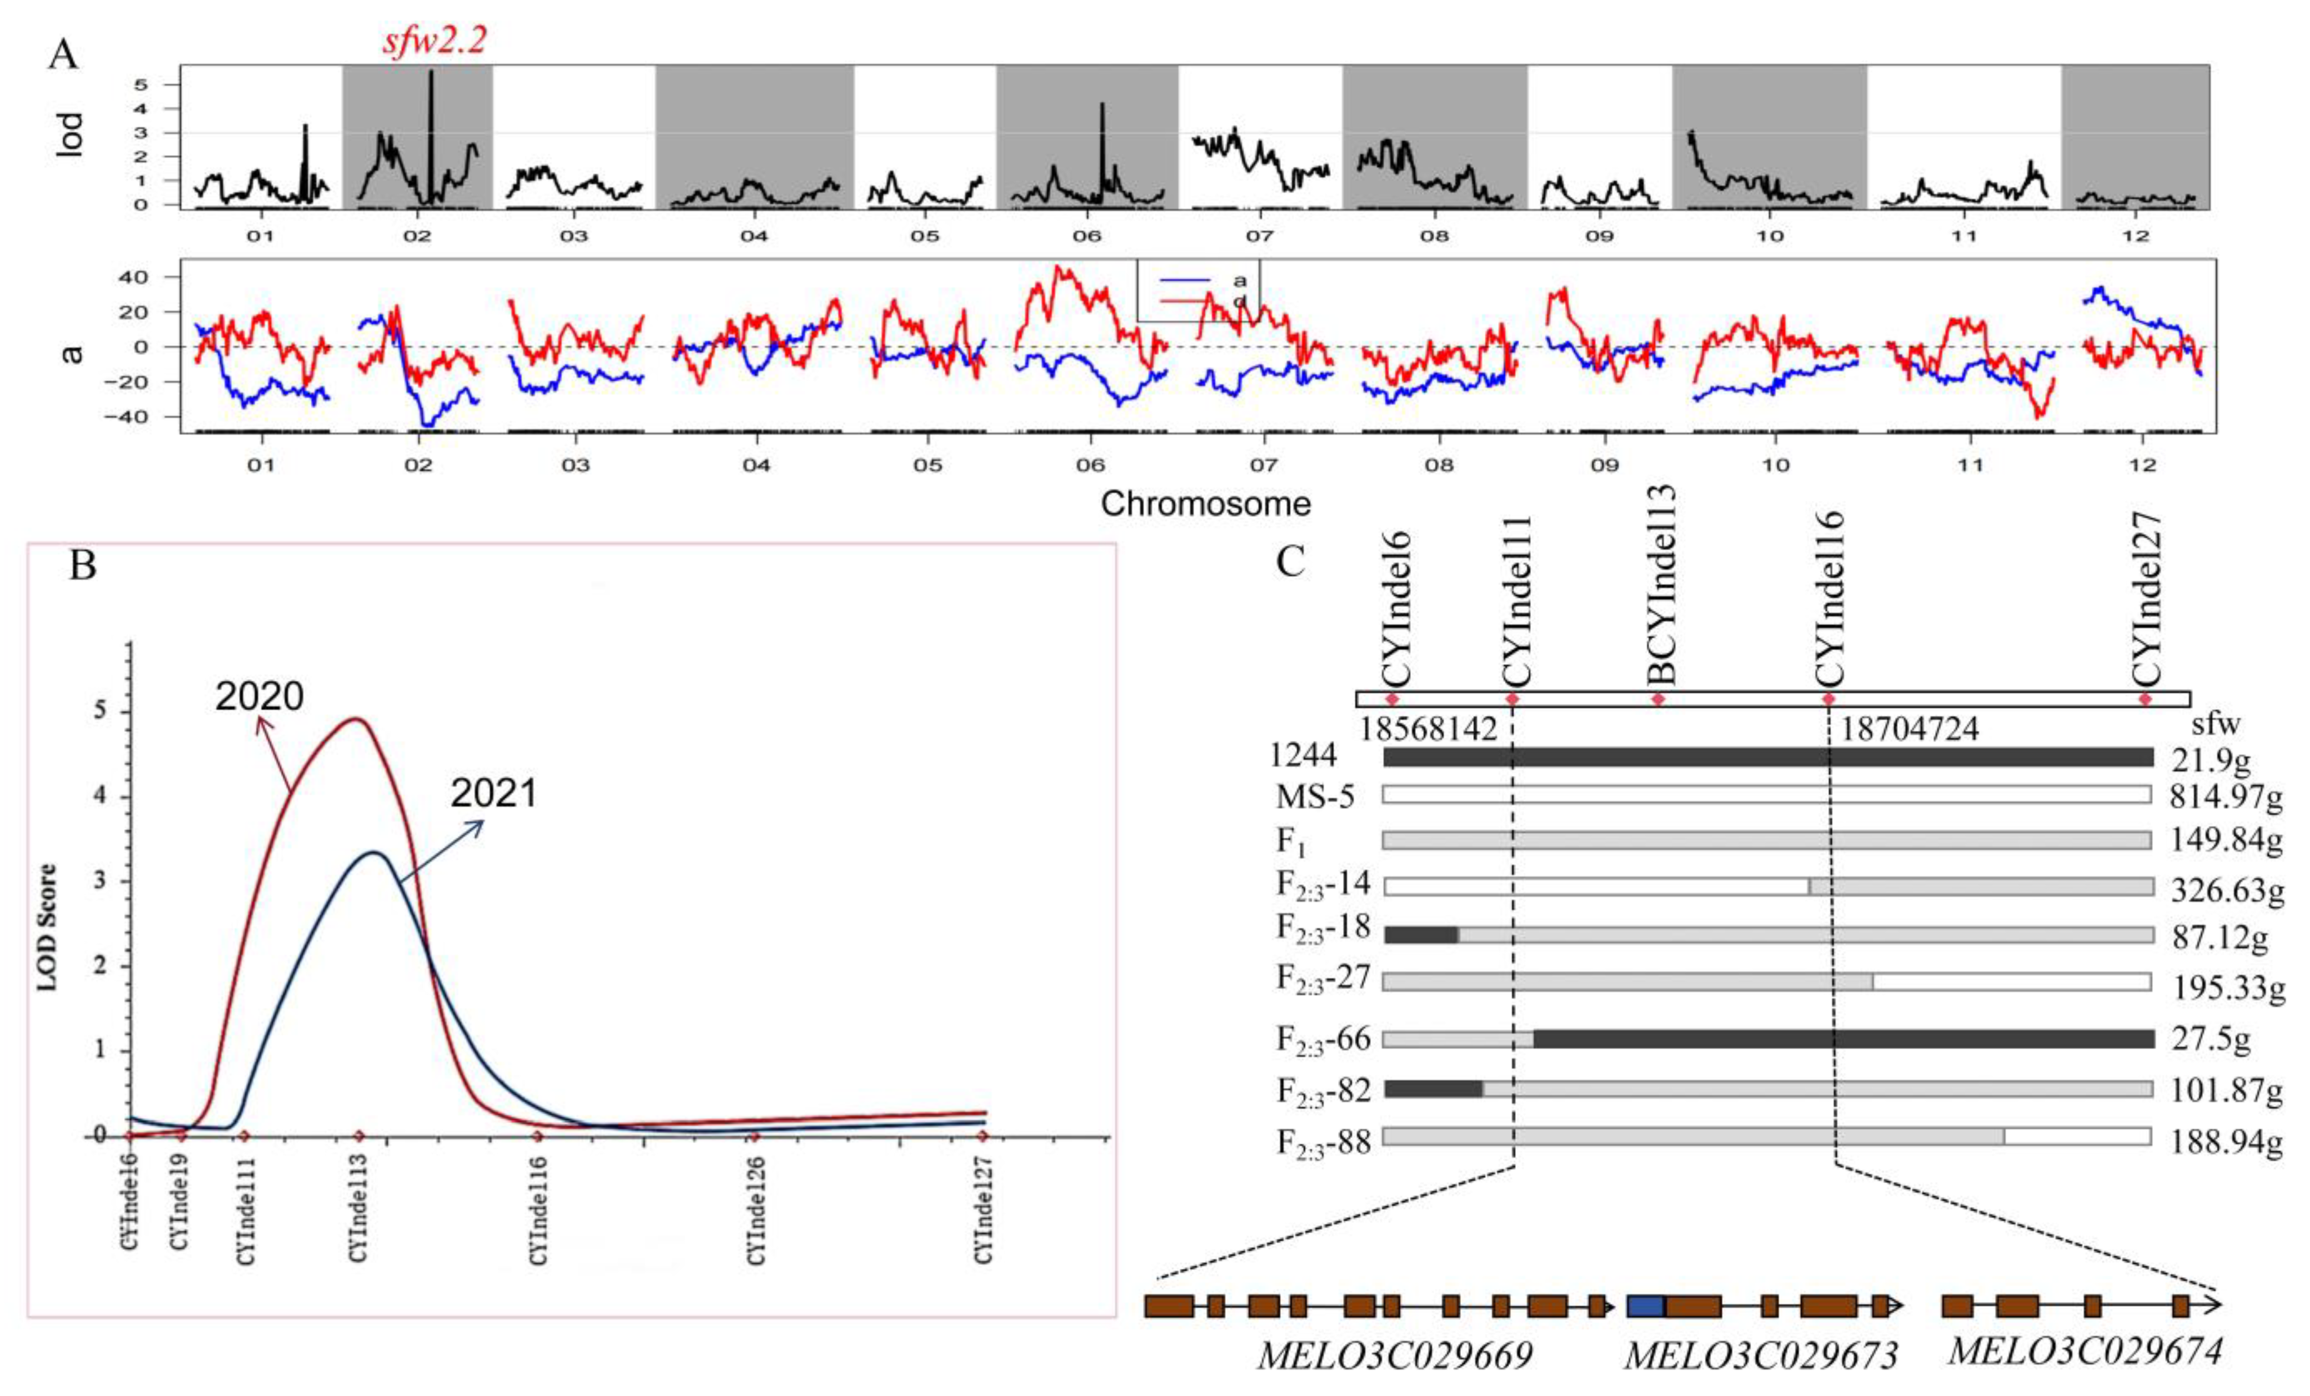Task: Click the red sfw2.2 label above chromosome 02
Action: coord(434,41)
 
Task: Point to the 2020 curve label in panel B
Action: coord(260,696)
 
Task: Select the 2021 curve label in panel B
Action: coord(494,794)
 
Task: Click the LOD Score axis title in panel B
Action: coord(47,926)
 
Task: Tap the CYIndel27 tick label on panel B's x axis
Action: coord(982,1209)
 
